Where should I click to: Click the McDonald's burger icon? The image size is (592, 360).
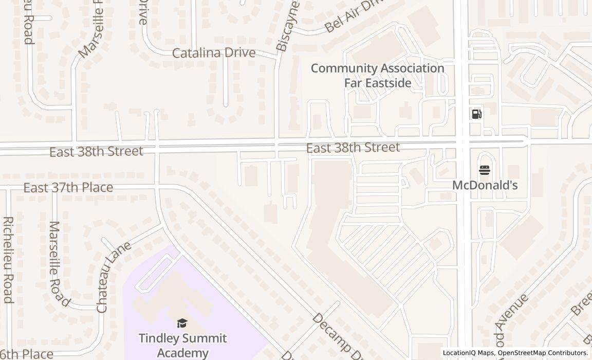pyautogui.click(x=485, y=170)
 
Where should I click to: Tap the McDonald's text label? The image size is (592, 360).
pyautogui.click(x=485, y=185)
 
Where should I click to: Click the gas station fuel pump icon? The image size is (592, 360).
pyautogui.click(x=476, y=114)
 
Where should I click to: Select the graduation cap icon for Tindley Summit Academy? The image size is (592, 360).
pyautogui.click(x=182, y=323)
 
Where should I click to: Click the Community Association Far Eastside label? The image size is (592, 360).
pyautogui.click(x=377, y=75)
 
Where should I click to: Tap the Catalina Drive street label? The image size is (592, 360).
pyautogui.click(x=213, y=52)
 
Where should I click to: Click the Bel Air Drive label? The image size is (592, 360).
pyautogui.click(x=355, y=16)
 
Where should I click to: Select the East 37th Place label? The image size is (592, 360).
pyautogui.click(x=68, y=187)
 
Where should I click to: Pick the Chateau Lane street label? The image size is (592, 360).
pyautogui.click(x=114, y=277)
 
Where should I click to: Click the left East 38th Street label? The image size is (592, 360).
pyautogui.click(x=96, y=151)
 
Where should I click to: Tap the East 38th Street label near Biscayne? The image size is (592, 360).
pyautogui.click(x=353, y=148)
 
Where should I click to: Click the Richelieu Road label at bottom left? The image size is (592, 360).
pyautogui.click(x=8, y=260)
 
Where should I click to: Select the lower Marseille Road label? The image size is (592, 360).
pyautogui.click(x=59, y=263)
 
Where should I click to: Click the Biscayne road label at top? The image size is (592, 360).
pyautogui.click(x=287, y=26)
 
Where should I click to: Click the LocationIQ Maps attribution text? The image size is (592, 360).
pyautogui.click(x=469, y=353)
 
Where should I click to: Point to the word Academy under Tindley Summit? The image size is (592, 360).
pyautogui.click(x=182, y=353)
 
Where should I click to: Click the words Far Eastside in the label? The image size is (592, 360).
pyautogui.click(x=377, y=82)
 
